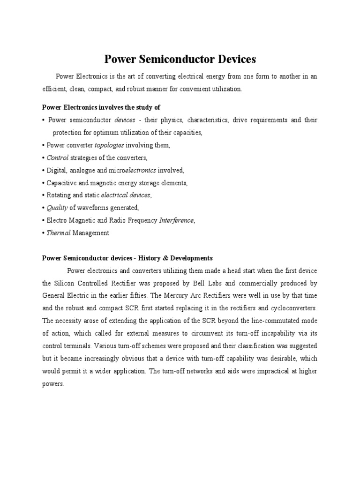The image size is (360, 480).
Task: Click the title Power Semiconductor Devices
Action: coord(180,59)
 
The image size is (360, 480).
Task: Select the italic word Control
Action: coord(58,157)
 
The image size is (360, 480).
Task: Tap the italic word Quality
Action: coord(58,208)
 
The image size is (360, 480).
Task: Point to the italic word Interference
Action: coord(176,220)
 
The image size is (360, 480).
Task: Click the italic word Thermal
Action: coord(58,233)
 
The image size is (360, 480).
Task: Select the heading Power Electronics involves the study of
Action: coord(101,107)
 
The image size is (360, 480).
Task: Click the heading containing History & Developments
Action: coord(127,258)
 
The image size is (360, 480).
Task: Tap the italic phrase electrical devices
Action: coord(127,195)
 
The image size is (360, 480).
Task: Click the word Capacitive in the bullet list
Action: coord(62,183)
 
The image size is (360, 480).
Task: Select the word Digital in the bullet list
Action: coord(57,170)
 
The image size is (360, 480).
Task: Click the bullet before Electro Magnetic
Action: coord(44,220)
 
